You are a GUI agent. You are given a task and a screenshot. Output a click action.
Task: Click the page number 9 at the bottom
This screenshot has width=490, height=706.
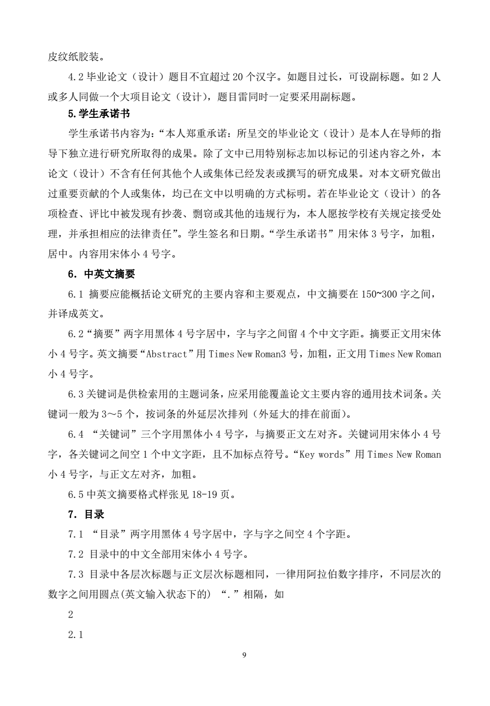click(244, 656)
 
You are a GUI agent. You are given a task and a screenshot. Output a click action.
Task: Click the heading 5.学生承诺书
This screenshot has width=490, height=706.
click(95, 114)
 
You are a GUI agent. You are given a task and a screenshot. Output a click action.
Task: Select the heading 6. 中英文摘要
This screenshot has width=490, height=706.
click(101, 274)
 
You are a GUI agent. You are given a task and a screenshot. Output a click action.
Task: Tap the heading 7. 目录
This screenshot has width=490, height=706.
click(86, 514)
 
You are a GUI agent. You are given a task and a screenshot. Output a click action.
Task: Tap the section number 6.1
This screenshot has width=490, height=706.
click(76, 294)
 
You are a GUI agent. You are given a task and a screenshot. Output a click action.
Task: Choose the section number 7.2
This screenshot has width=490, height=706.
click(76, 555)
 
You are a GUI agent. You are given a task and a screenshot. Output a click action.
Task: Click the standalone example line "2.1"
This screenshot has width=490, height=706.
click(76, 635)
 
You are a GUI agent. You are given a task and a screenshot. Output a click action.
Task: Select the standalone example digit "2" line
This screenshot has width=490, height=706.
click(71, 615)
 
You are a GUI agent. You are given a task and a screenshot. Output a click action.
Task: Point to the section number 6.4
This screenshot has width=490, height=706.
click(76, 435)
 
